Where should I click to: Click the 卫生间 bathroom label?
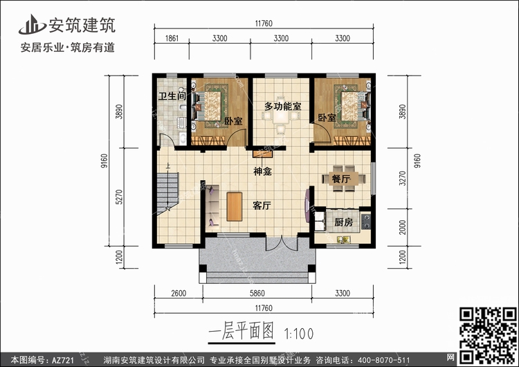click(x=172, y=96)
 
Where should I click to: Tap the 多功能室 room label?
click(x=282, y=107)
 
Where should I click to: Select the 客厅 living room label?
click(x=262, y=206)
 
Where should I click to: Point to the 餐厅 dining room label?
click(x=341, y=179)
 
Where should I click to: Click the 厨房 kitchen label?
click(x=343, y=222)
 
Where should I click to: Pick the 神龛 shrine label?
click(x=262, y=171)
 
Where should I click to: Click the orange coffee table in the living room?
click(x=235, y=206)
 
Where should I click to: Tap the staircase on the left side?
click(x=168, y=193)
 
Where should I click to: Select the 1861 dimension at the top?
click(x=172, y=38)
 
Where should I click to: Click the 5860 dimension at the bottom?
click(x=257, y=293)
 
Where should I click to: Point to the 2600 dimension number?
click(x=179, y=293)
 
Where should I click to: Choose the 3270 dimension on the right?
click(x=403, y=178)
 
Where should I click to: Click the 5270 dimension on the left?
click(x=119, y=197)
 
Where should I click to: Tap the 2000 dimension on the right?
click(x=403, y=227)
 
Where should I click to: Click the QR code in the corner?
click(x=489, y=335)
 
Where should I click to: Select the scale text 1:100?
click(x=299, y=334)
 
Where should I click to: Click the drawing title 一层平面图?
click(x=242, y=332)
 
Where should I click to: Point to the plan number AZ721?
click(x=63, y=360)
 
